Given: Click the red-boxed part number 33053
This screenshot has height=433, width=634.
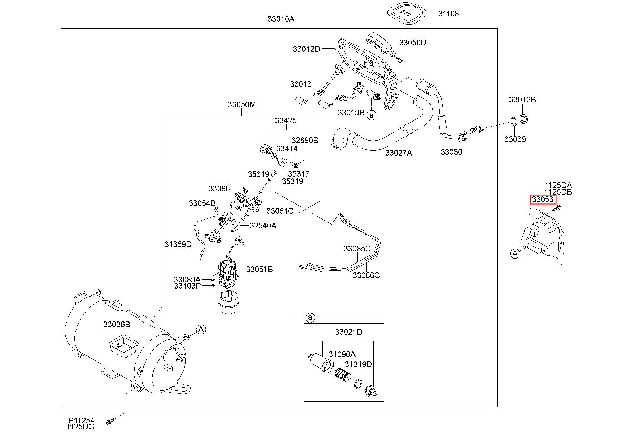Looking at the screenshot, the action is pyautogui.click(x=543, y=199).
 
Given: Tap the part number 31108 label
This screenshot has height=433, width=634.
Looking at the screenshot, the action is pyautogui.click(x=448, y=14).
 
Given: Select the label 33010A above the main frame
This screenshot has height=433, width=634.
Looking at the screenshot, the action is pyautogui.click(x=281, y=19).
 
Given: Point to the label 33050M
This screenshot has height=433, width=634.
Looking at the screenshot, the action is pyautogui.click(x=242, y=104).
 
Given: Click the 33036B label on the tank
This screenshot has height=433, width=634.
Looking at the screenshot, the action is pyautogui.click(x=117, y=324).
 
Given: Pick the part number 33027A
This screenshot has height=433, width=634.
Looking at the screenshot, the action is pyautogui.click(x=399, y=153).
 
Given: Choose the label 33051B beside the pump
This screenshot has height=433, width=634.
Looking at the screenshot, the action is pyautogui.click(x=259, y=269).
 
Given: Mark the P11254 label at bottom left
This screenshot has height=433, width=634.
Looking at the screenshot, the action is pyautogui.click(x=82, y=421).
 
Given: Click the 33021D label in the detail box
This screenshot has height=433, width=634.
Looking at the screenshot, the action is pyautogui.click(x=348, y=332).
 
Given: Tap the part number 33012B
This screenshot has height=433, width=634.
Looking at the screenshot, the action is pyautogui.click(x=522, y=99).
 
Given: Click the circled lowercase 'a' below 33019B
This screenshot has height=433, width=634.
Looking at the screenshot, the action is pyautogui.click(x=372, y=115).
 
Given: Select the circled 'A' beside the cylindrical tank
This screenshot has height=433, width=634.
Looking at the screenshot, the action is pyautogui.click(x=201, y=329).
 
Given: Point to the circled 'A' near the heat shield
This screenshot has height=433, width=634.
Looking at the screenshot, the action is pyautogui.click(x=515, y=254).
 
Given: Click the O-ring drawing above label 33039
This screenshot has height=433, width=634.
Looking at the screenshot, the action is pyautogui.click(x=513, y=122).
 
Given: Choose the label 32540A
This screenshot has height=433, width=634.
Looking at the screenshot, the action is pyautogui.click(x=263, y=226).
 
